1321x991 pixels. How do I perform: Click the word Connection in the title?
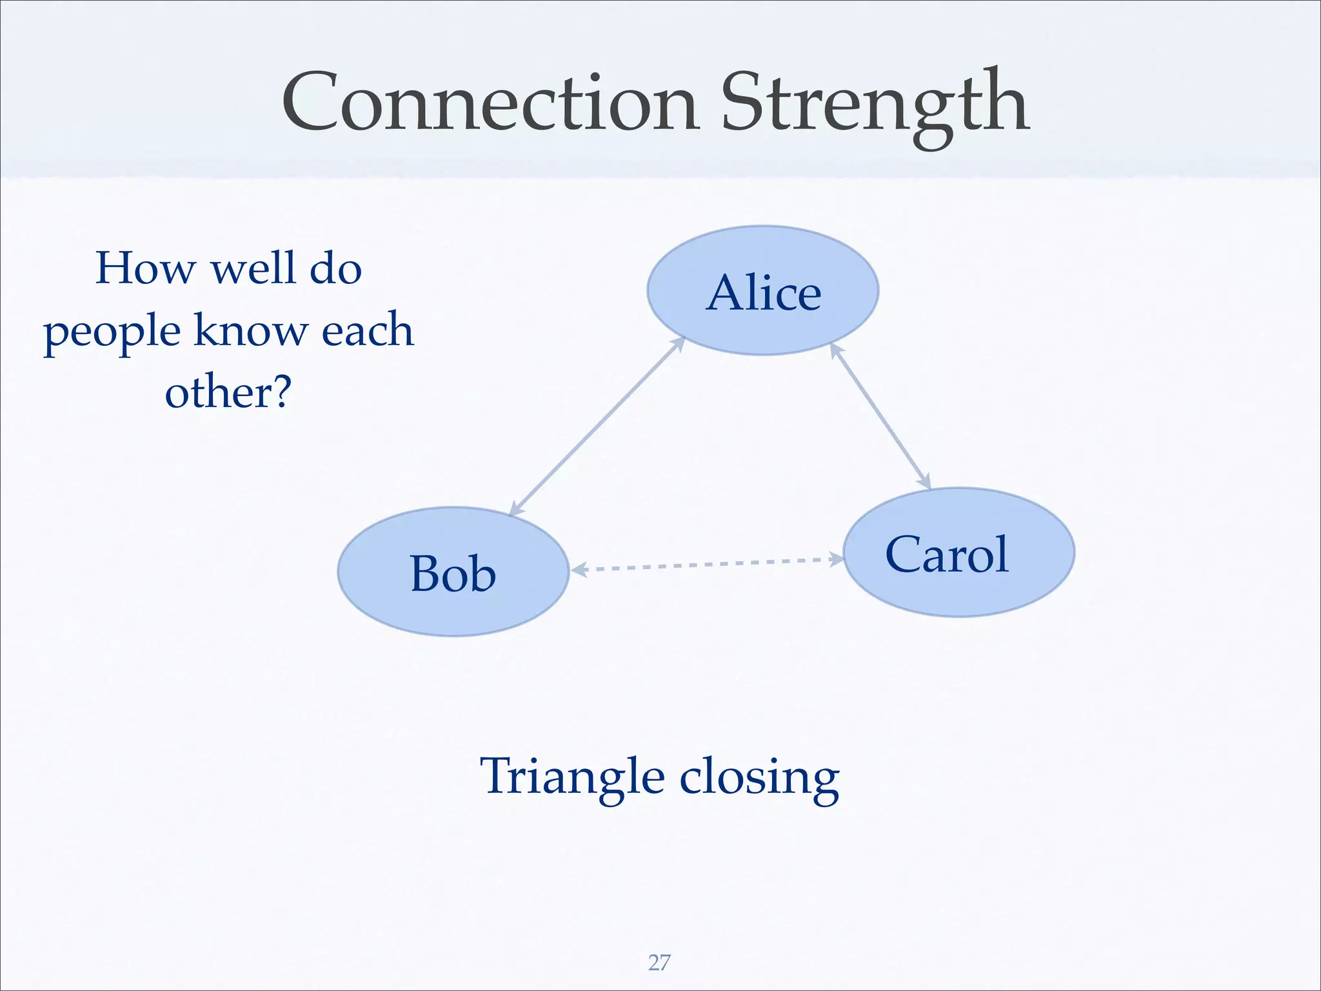[x=490, y=103]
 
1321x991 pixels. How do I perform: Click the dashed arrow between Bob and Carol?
[x=706, y=564]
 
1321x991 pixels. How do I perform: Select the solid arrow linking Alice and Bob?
[x=597, y=426]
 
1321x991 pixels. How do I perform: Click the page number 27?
[x=659, y=963]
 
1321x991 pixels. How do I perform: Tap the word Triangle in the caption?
[x=571, y=777]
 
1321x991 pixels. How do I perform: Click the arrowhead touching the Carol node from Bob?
[x=837, y=559]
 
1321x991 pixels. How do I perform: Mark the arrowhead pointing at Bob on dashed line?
[x=578, y=569]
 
